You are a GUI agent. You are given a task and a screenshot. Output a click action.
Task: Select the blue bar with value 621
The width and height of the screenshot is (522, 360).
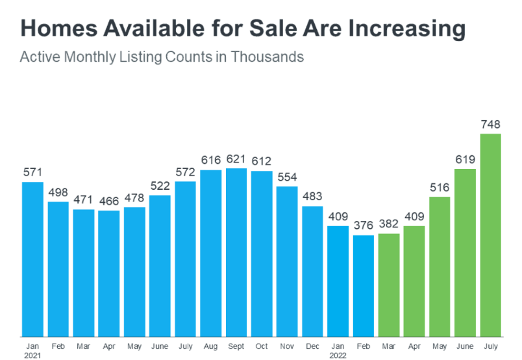(x=236, y=251)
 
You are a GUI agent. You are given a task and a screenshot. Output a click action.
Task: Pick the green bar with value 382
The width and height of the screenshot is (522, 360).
(x=389, y=284)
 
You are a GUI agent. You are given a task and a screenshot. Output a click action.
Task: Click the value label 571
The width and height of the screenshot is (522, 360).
(x=32, y=172)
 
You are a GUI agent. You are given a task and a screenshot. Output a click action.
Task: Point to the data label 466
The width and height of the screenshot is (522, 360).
(x=108, y=201)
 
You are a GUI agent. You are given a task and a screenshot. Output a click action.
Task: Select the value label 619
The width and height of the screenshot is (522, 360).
(x=465, y=159)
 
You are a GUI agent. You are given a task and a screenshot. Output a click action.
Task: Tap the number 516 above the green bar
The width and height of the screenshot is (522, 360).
(x=440, y=188)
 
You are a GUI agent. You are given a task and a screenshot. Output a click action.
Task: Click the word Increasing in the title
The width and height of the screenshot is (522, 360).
(x=405, y=29)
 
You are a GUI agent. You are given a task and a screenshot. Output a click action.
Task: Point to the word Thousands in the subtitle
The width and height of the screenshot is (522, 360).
(x=271, y=57)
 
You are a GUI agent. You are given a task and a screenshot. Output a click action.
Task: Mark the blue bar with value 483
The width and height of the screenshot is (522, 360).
(x=313, y=270)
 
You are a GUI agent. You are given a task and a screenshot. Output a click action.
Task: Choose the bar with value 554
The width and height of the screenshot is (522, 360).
(x=287, y=261)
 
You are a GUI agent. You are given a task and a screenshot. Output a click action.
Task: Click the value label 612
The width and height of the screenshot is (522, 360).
(x=262, y=161)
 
